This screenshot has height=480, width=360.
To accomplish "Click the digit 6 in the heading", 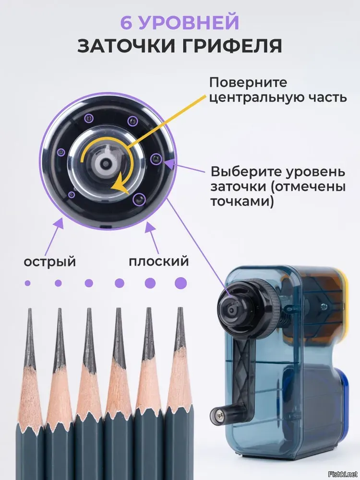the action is tap(126, 22).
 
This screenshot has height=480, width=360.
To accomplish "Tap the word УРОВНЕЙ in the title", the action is tap(188, 22).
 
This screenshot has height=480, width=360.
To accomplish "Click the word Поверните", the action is tap(248, 83).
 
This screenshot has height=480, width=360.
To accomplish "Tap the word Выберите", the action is tap(245, 171).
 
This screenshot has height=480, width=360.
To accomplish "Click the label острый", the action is tap(50, 262).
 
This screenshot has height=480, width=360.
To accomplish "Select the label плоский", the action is tap(158, 262).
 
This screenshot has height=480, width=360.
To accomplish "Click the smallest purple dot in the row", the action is tap(27, 283).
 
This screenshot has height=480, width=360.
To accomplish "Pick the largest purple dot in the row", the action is tap(180, 283).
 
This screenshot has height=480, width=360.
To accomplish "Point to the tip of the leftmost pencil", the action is tap(30, 309).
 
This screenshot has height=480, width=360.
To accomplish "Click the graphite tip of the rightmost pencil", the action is tap(180, 309).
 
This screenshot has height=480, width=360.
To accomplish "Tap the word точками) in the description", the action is tap(242, 202).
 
